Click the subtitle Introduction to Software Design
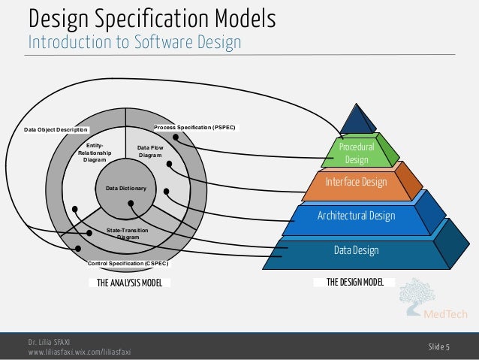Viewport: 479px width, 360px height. pos(134,42)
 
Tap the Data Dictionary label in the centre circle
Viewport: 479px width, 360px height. pos(125,187)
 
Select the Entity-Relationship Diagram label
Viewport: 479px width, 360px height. pos(95,152)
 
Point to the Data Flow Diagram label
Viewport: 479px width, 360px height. pos(150,152)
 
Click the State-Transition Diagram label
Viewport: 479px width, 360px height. pos(127,233)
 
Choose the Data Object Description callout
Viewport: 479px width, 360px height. pos(56,129)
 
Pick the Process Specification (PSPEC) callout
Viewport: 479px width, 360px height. pos(194,128)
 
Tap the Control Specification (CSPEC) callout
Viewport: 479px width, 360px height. pos(128,264)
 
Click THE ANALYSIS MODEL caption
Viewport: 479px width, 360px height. pos(129,283)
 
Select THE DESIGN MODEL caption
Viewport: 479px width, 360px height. pos(355,283)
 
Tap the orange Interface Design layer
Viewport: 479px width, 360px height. pos(356,183)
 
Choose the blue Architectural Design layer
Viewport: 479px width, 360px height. pos(355,216)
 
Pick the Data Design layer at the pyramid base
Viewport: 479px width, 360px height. pos(356,250)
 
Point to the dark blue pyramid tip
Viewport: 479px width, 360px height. pos(358,119)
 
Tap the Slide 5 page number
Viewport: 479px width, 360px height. pos(438,346)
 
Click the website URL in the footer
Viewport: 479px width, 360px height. pos(79,352)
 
